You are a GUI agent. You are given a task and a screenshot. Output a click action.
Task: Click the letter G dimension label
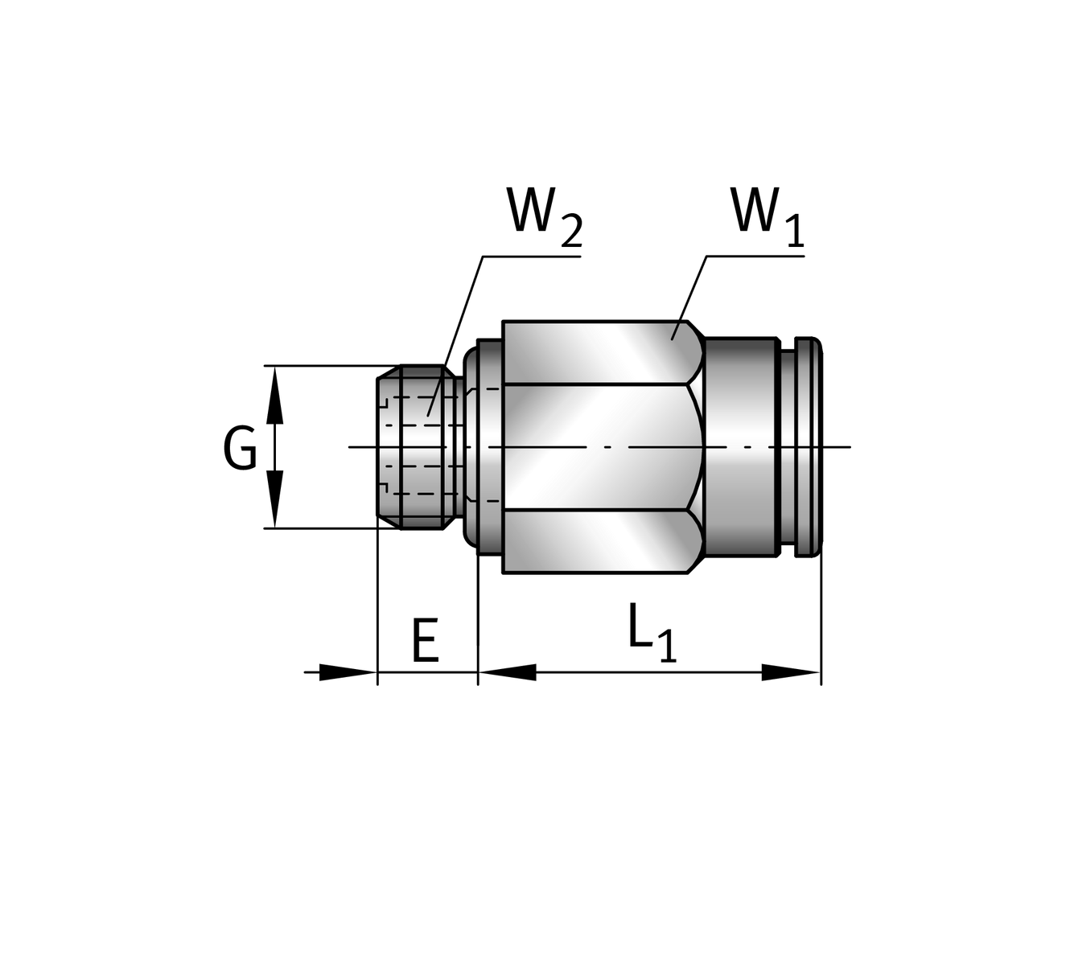click(240, 449)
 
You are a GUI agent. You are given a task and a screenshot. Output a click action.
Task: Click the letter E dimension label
click(425, 641)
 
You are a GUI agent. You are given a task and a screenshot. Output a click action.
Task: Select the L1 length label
click(652, 637)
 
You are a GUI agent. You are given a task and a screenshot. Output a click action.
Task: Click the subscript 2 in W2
click(570, 232)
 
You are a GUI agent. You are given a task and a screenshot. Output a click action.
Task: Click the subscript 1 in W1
click(794, 232)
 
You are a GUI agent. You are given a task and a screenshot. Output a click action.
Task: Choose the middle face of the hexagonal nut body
click(595, 447)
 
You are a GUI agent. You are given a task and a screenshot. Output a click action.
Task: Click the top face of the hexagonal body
click(595, 352)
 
